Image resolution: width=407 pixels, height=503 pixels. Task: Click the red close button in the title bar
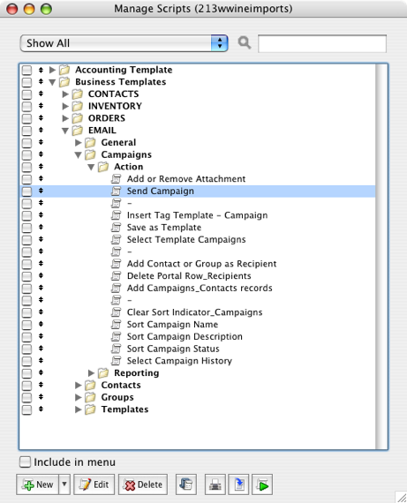[12, 9]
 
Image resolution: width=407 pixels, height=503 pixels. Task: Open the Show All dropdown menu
[124, 43]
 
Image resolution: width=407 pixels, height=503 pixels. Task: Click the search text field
[322, 43]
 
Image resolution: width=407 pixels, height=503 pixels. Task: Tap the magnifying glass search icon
[245, 42]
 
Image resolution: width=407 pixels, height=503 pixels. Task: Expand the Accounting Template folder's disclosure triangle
[52, 70]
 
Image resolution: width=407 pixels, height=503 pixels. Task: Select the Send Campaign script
[160, 191]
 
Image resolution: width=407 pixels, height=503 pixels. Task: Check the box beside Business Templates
[26, 82]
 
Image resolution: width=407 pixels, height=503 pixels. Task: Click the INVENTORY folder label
[115, 106]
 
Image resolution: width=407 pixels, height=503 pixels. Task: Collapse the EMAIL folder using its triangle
[65, 131]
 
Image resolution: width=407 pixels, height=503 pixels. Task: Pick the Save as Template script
[164, 228]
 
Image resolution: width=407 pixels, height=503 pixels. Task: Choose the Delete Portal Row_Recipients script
[189, 276]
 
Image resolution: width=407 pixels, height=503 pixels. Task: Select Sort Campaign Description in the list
[185, 336]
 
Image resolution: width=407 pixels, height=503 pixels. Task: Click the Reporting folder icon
[103, 372]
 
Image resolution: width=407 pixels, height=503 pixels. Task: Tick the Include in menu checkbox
[25, 462]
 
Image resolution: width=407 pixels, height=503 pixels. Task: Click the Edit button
[94, 484]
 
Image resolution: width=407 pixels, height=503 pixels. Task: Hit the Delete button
[143, 484]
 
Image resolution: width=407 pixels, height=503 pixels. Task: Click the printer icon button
[215, 484]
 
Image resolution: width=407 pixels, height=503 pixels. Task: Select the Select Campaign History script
[179, 361]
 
